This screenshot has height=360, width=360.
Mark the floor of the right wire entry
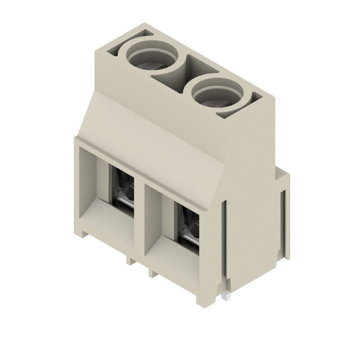[x=175, y=256]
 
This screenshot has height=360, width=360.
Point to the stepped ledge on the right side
[x=281, y=173]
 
